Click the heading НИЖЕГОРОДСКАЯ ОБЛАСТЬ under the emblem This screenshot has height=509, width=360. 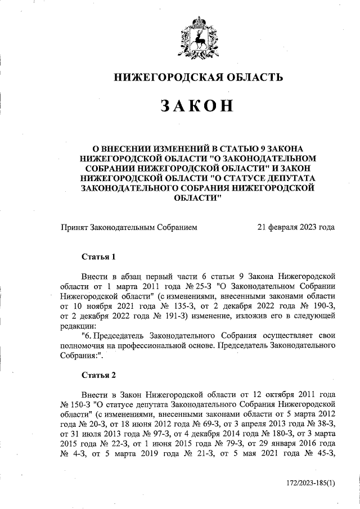196,77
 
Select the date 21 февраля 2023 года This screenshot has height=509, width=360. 296,227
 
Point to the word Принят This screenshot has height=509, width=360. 75,227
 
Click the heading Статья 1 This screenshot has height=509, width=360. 98,257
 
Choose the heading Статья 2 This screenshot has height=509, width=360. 98,375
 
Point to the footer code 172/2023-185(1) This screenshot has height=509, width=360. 307,483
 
